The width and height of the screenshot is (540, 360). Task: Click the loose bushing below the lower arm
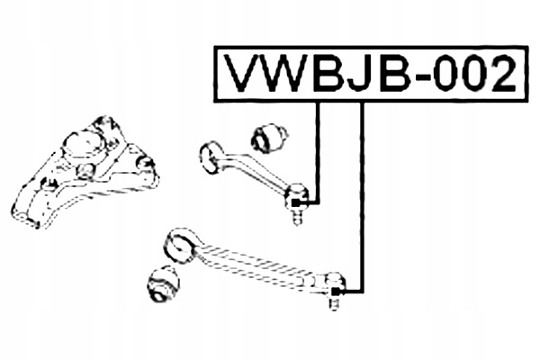click(x=163, y=285)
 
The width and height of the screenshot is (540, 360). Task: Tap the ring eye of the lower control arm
click(x=178, y=242)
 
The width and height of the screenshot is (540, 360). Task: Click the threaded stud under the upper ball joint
click(x=297, y=216)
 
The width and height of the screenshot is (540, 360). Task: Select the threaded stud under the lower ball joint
click(x=333, y=303)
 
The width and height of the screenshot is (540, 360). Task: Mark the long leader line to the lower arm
click(x=362, y=198)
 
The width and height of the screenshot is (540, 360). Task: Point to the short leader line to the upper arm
click(x=319, y=153)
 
